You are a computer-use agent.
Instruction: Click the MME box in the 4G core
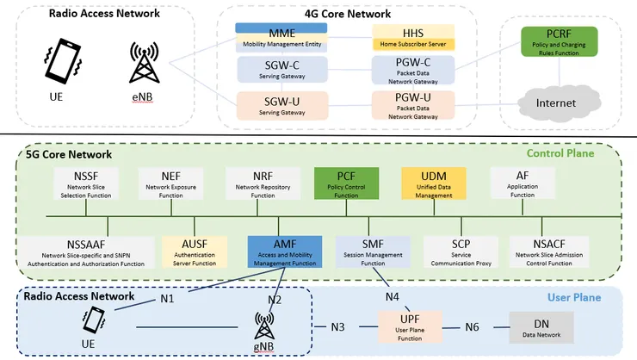[281, 38]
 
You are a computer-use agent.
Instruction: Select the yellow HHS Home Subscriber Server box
[413, 37]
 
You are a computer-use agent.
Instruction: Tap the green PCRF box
[559, 41]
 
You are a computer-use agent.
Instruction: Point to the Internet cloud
[559, 102]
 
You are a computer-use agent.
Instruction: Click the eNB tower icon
[145, 62]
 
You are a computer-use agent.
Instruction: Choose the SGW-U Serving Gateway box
[282, 106]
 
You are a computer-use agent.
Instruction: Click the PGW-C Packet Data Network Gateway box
[413, 71]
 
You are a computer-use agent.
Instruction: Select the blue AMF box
[285, 252]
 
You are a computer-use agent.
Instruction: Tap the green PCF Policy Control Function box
[346, 183]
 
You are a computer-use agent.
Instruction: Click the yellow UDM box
[434, 183]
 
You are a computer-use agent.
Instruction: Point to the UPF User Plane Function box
[410, 327]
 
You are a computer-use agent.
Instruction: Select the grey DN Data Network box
[541, 327]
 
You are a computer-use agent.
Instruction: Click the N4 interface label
[392, 297]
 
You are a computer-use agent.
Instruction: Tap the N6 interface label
[472, 326]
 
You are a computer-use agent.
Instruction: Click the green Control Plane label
[560, 153]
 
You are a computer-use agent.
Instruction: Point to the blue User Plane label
[574, 297]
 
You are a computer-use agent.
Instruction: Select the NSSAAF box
[86, 252]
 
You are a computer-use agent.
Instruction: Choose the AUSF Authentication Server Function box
[195, 252]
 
